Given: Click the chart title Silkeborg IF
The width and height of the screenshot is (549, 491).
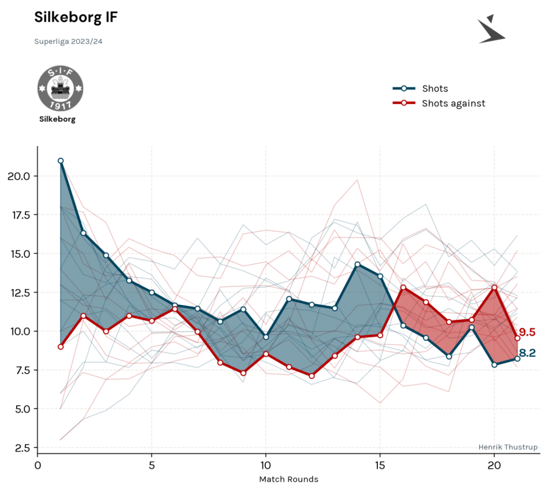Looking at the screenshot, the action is click(76, 17).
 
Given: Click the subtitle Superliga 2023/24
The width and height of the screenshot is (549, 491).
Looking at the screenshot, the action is click(68, 42).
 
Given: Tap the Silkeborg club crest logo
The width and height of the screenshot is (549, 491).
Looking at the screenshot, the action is click(60, 88).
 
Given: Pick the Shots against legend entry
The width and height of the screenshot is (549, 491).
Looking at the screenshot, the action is click(439, 104).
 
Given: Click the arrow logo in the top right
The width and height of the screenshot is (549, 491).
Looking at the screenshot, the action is click(491, 29).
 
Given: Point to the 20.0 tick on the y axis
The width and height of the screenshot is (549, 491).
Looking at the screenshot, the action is click(19, 176).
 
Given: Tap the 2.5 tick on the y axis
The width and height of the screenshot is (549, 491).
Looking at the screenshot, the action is click(23, 448).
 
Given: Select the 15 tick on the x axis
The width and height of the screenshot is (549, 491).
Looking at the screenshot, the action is click(380, 466).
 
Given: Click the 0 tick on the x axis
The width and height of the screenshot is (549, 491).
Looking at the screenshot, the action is click(38, 466).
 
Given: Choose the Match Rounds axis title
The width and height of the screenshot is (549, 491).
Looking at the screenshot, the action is click(288, 479).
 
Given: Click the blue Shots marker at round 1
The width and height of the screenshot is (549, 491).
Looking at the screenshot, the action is click(61, 161).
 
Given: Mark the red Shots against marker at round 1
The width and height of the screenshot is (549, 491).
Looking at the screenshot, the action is click(61, 346).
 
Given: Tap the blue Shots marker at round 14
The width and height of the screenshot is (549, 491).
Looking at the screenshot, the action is click(357, 265).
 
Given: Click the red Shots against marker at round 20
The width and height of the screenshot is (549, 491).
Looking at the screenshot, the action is click(494, 287).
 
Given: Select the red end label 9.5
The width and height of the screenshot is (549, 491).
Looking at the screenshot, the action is click(527, 332).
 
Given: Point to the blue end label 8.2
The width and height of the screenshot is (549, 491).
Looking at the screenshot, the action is click(527, 353).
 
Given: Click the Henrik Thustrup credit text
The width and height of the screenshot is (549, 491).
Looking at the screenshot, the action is click(508, 447).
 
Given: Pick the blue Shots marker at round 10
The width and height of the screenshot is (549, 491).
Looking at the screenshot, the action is click(266, 337).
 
